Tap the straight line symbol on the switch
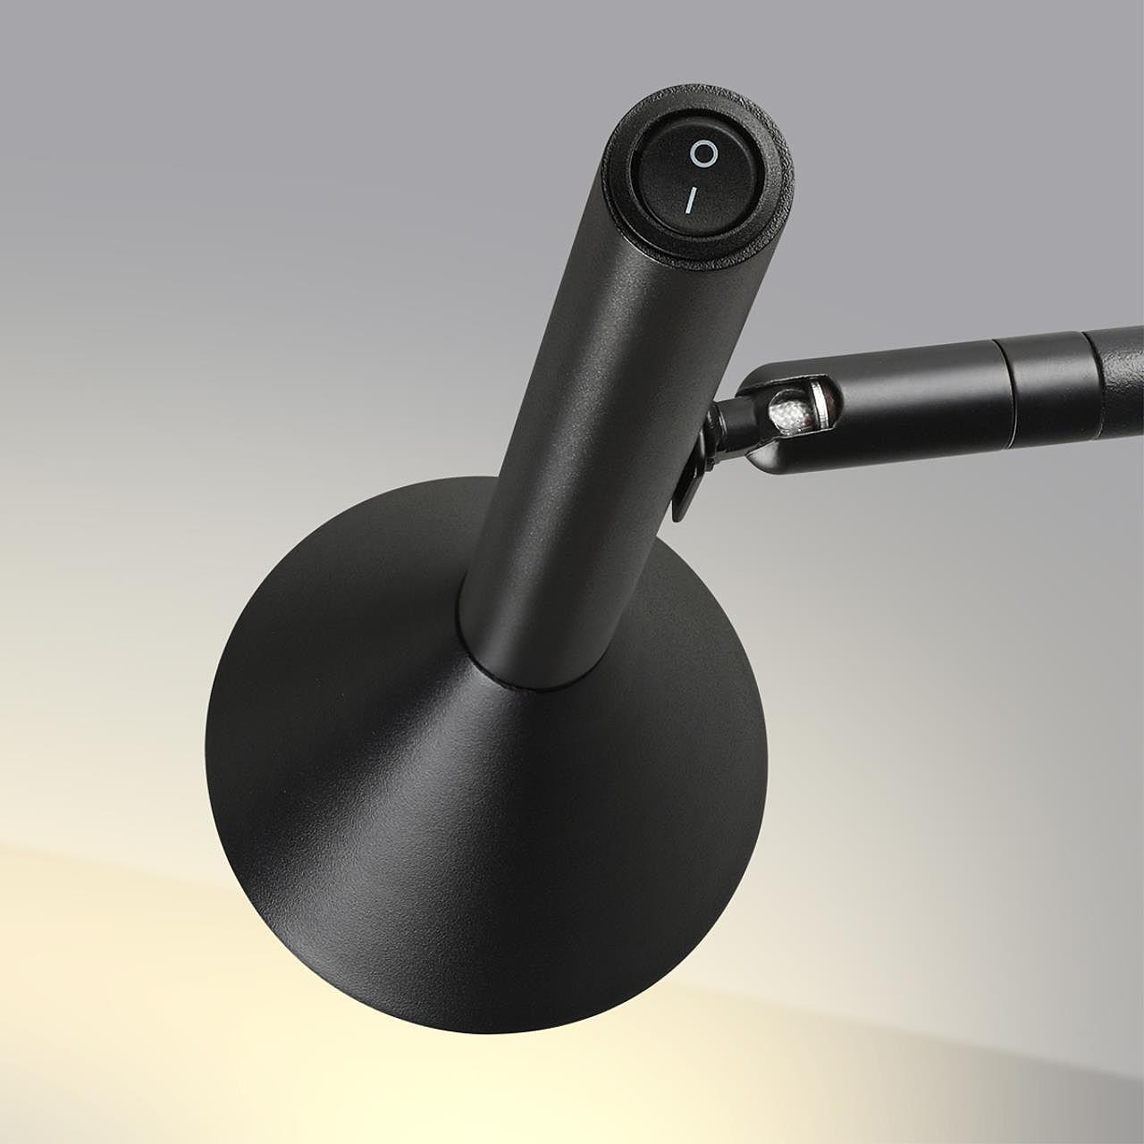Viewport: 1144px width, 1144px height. coord(689,202)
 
